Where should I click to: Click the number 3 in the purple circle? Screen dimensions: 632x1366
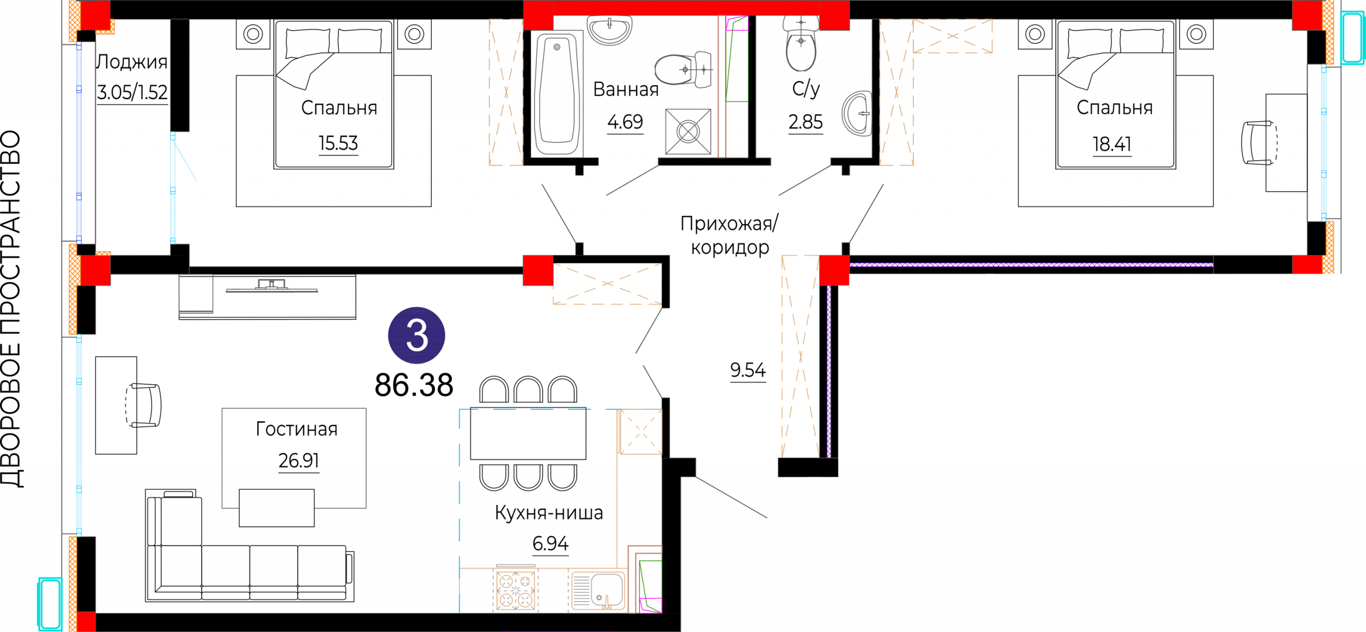tap(416, 335)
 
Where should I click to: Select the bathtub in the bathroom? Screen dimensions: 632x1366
tap(557, 94)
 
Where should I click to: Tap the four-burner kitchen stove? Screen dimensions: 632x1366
tap(515, 590)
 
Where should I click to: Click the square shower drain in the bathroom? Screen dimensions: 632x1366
tap(688, 132)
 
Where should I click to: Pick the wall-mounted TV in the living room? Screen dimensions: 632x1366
tap(272, 287)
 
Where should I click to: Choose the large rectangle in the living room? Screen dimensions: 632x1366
tap(294, 458)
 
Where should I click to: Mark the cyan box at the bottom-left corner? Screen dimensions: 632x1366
tap(50, 604)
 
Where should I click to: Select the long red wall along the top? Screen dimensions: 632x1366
tap(686, 7)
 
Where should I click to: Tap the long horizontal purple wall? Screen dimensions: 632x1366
tap(1030, 265)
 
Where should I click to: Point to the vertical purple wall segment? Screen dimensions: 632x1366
tap(829, 371)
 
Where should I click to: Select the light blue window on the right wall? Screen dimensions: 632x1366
tap(1324, 143)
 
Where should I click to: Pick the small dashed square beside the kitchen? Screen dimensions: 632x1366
tap(640, 432)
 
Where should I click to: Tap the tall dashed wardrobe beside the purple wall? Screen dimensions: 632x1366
tap(800, 356)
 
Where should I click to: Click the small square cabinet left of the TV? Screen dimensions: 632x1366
tap(196, 293)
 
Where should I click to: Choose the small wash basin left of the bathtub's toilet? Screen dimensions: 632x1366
tap(609, 29)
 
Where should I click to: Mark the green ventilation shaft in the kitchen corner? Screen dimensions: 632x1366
tap(650, 585)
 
